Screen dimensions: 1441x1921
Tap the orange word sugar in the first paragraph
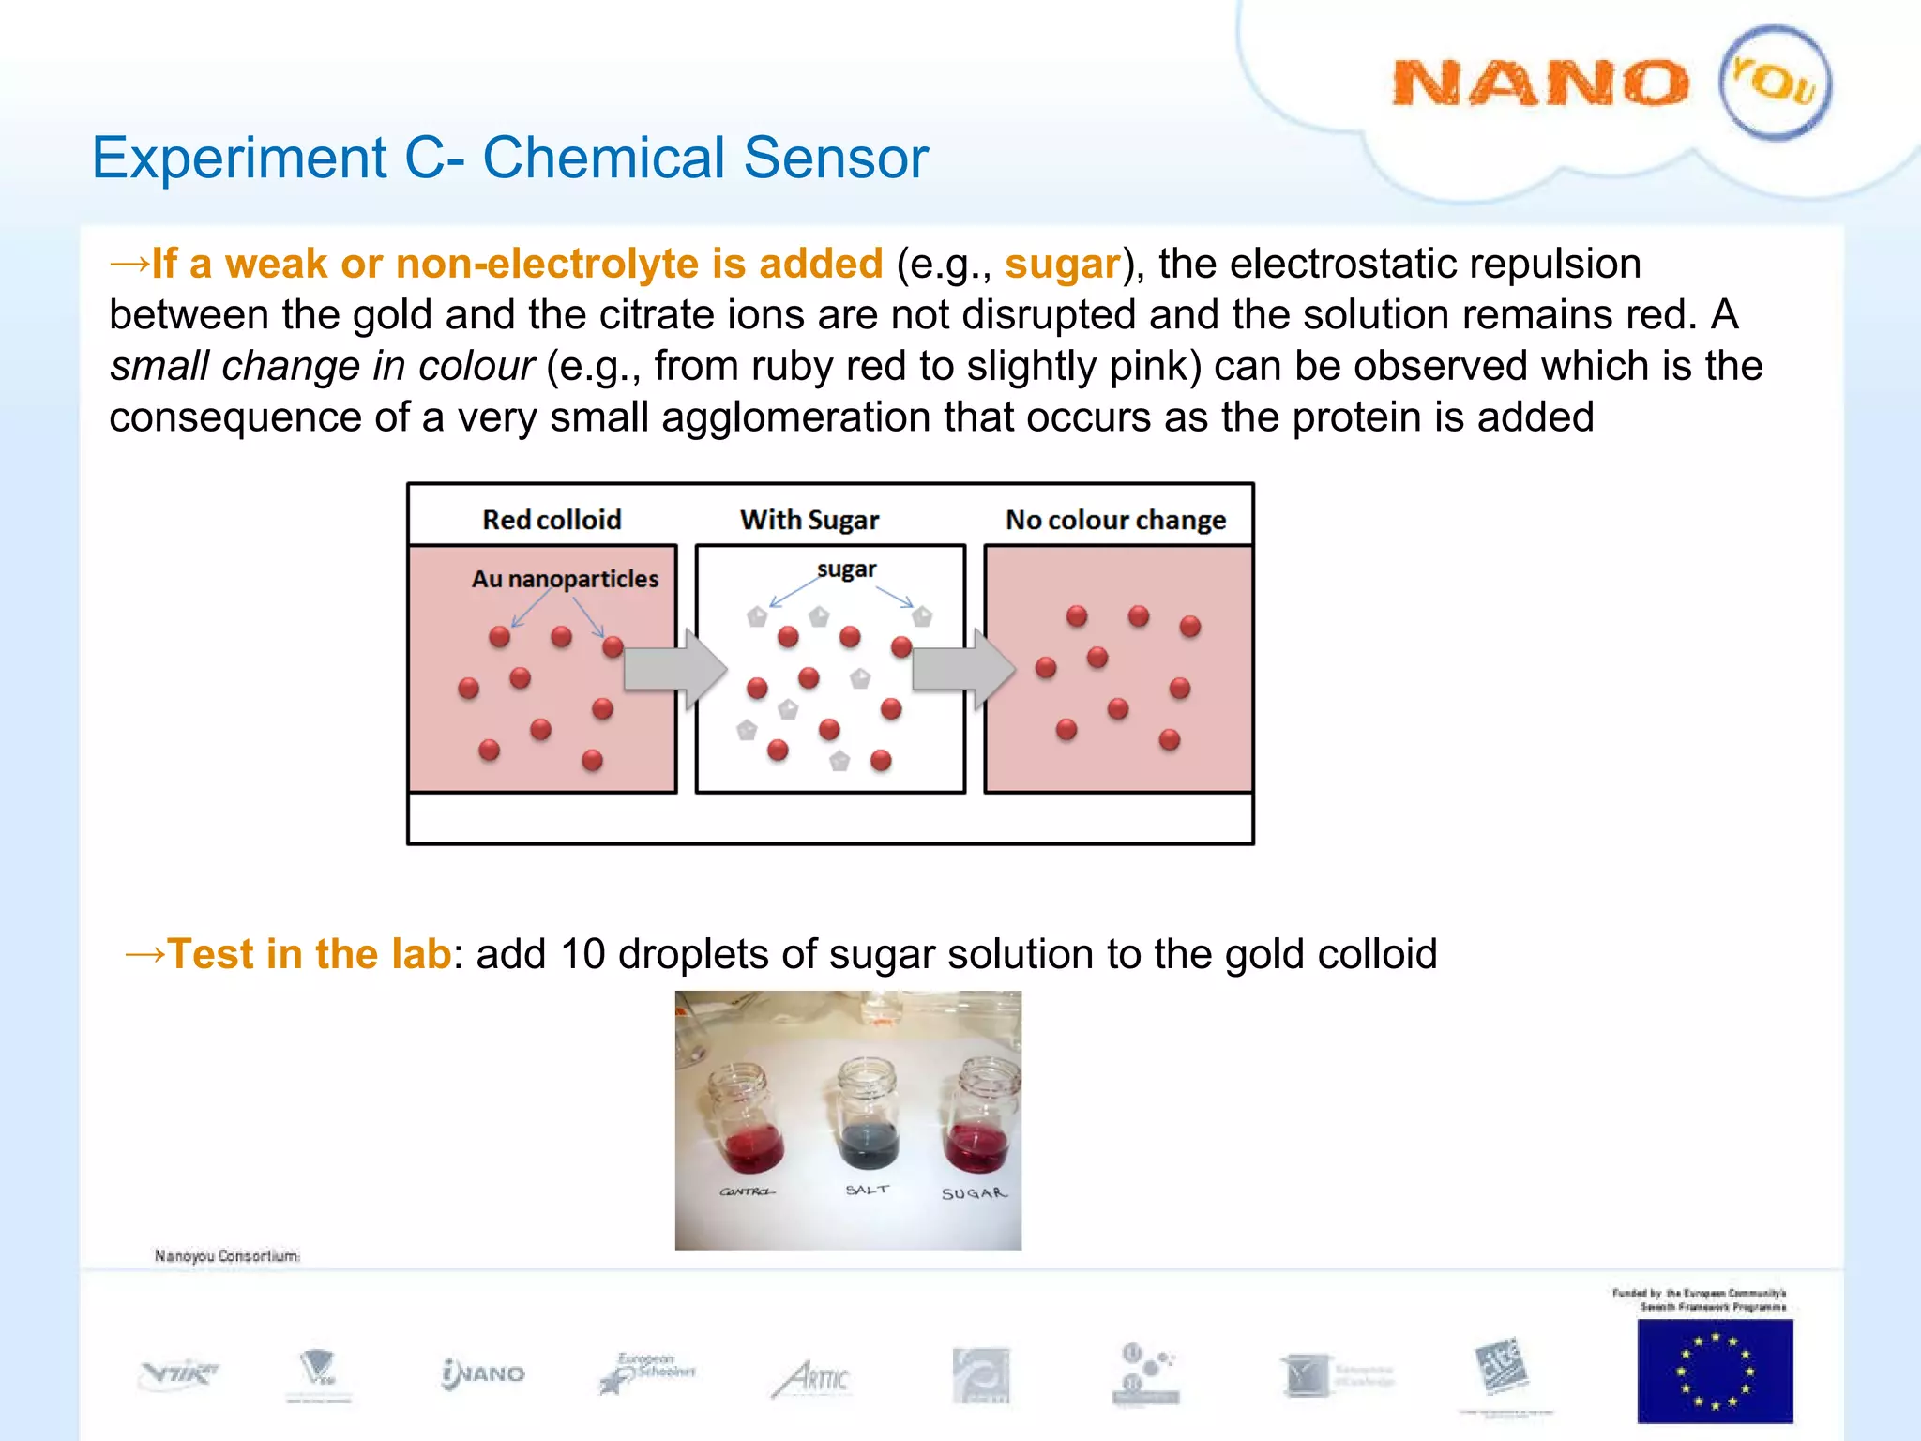click(1062, 265)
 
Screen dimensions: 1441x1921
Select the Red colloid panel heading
click(552, 520)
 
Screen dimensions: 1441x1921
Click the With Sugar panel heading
click(809, 520)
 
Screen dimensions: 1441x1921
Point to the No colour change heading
click(1115, 520)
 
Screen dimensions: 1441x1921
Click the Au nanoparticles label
click(565, 579)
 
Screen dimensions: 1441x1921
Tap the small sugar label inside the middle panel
click(846, 569)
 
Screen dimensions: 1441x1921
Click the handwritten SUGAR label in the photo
click(974, 1194)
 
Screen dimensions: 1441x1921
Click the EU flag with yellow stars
click(1715, 1371)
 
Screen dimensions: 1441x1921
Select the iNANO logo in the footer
click(483, 1374)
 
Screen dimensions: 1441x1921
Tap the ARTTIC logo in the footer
click(812, 1379)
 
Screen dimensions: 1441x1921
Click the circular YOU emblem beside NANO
click(1775, 83)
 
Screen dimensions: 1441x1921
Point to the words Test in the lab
click(310, 954)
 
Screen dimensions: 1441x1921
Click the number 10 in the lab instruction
click(582, 954)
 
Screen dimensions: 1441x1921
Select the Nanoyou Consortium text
click(227, 1255)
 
